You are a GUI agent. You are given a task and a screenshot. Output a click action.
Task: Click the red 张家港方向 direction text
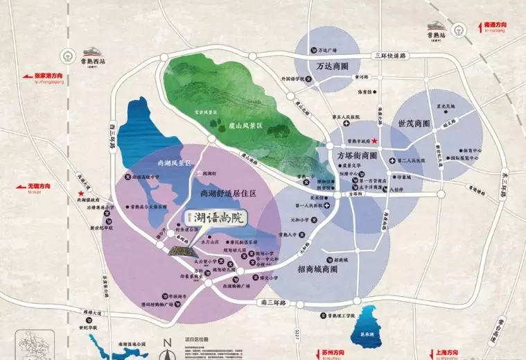click(x=49, y=77)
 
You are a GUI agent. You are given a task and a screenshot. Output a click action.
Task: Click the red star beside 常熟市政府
click(x=375, y=142)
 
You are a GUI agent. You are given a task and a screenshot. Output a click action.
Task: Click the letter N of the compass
click(x=166, y=341)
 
